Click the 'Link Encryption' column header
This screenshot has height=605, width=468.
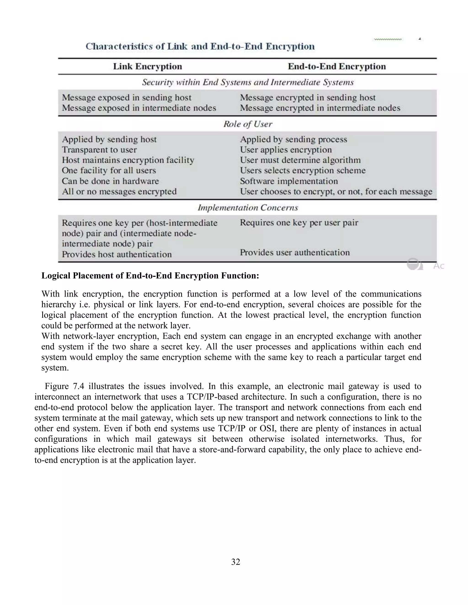[147, 66]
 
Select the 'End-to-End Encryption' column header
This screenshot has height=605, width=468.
[337, 66]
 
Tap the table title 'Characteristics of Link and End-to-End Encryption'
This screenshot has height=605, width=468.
[200, 46]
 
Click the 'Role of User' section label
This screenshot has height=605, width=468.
[247, 124]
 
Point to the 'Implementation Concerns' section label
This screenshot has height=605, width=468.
[247, 208]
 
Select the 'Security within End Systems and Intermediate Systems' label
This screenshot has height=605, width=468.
[247, 82]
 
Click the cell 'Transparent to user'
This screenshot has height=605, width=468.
[99, 150]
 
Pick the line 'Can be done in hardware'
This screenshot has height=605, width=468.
[110, 181]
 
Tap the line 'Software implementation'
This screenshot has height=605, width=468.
[289, 181]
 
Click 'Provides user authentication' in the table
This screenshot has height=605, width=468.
[295, 252]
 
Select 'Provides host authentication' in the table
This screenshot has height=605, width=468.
[117, 254]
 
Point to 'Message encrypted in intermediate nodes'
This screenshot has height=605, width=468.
[320, 108]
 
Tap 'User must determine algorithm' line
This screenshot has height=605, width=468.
[300, 160]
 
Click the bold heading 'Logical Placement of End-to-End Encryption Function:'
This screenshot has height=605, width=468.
[150, 276]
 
